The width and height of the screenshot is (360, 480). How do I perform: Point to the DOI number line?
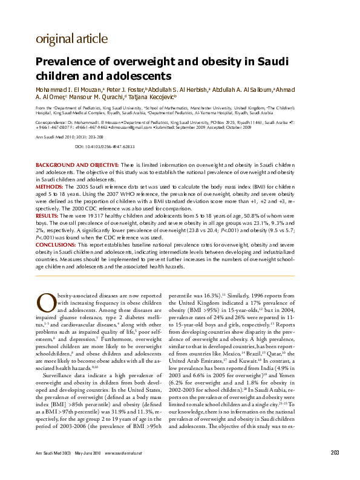pos(104,147)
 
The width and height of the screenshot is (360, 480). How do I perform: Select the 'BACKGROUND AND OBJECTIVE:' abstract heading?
pos(77,164)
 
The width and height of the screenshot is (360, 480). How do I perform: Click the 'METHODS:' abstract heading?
pos(50,188)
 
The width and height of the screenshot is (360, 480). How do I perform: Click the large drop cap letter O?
pos(45,302)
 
